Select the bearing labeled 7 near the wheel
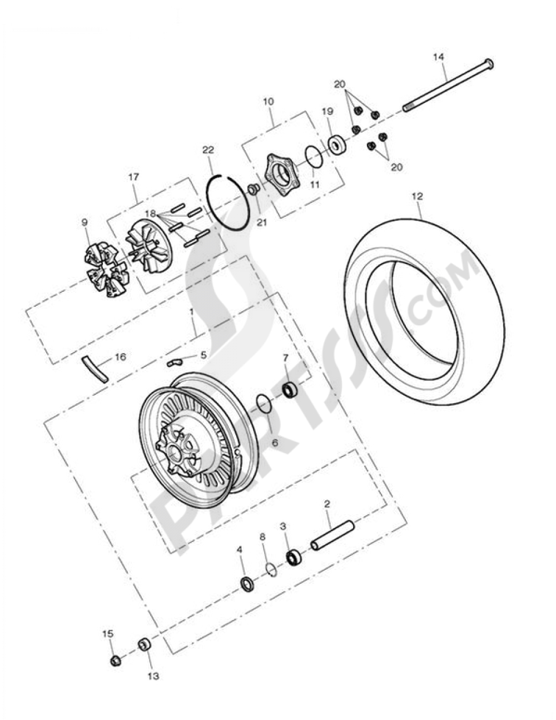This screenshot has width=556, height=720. point(290,390)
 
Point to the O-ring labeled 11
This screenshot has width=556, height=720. point(314,157)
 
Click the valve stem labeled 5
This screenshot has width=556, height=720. point(174,363)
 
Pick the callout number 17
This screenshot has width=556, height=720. point(133,177)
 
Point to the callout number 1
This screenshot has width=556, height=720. point(192,313)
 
